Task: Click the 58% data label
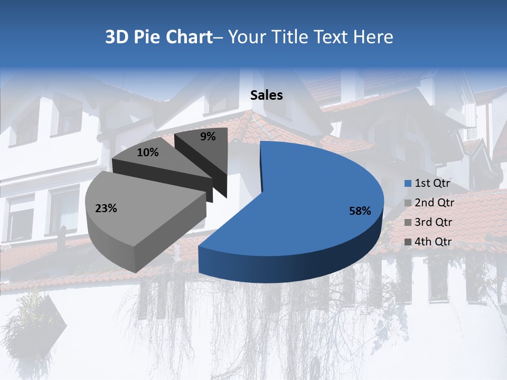point(360,211)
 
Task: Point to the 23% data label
point(106,208)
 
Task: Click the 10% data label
point(147,153)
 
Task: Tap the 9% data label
point(208,137)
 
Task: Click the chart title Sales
point(267,95)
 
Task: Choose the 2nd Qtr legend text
point(434,203)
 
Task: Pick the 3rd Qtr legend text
point(434,222)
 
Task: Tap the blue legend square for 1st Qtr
point(408,184)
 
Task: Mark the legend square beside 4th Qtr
point(408,242)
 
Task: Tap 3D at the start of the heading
point(116,37)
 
